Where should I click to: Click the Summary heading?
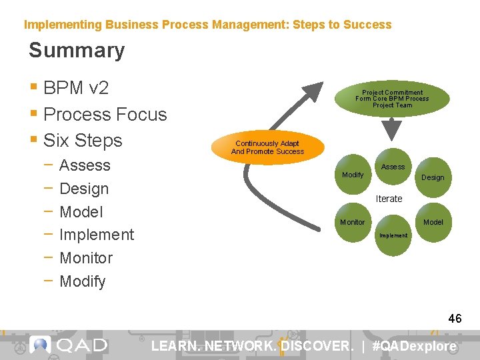click(77, 51)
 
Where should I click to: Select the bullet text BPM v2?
click(75, 88)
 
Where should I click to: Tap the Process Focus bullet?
click(105, 114)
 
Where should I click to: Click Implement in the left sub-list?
click(97, 235)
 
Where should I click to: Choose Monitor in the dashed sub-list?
click(86, 258)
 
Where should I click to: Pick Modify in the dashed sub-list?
click(83, 281)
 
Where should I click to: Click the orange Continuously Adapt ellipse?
click(267, 147)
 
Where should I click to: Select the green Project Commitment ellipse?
click(392, 99)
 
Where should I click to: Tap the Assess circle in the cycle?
click(393, 166)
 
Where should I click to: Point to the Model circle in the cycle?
click(433, 222)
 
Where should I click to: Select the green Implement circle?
click(393, 236)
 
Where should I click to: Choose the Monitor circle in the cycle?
click(353, 222)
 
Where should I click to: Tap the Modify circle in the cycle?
click(353, 175)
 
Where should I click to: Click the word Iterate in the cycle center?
click(389, 199)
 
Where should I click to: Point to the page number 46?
click(455, 319)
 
